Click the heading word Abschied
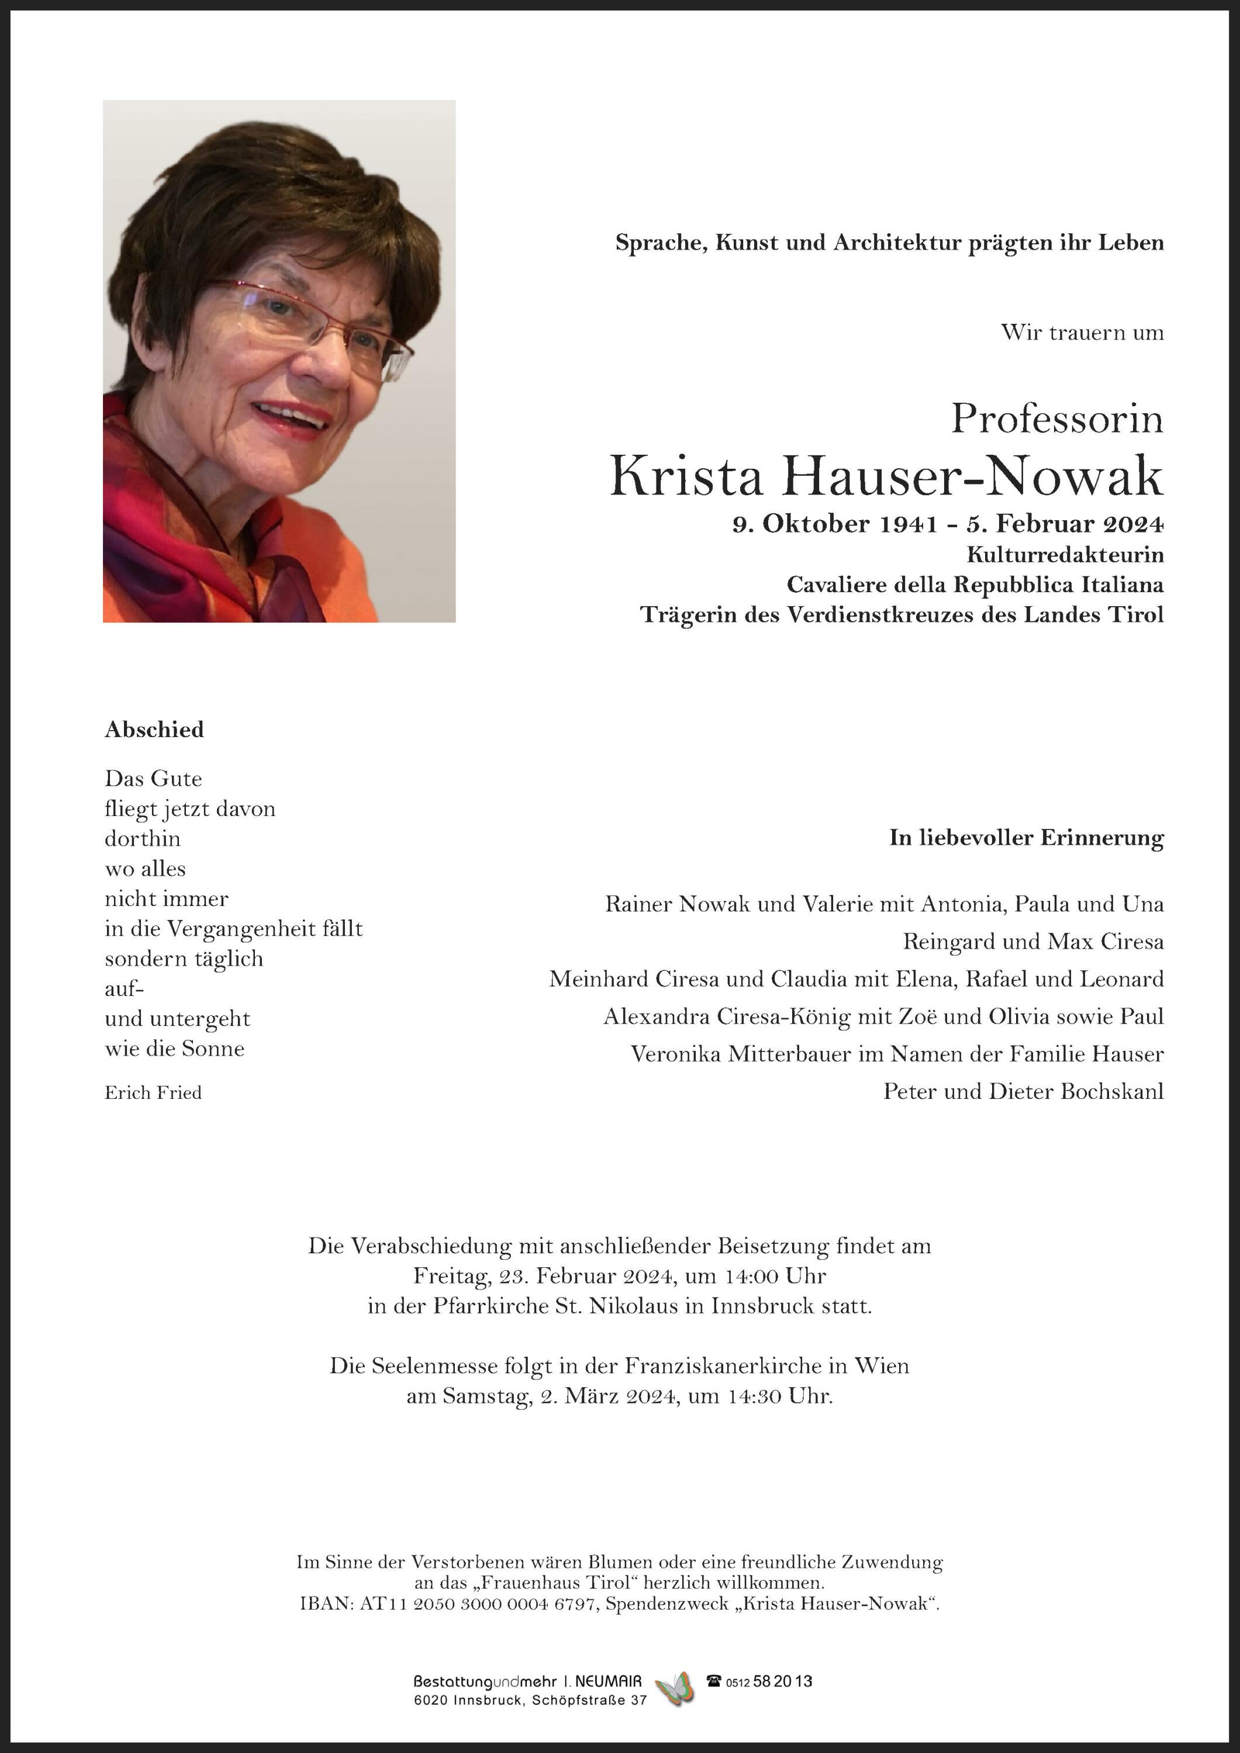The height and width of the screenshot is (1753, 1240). (154, 730)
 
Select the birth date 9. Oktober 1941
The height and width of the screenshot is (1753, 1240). (834, 524)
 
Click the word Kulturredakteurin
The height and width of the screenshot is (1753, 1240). (1065, 554)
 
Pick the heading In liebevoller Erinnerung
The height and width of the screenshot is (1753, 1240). (1026, 838)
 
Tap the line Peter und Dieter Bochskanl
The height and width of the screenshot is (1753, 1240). (1023, 1092)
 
